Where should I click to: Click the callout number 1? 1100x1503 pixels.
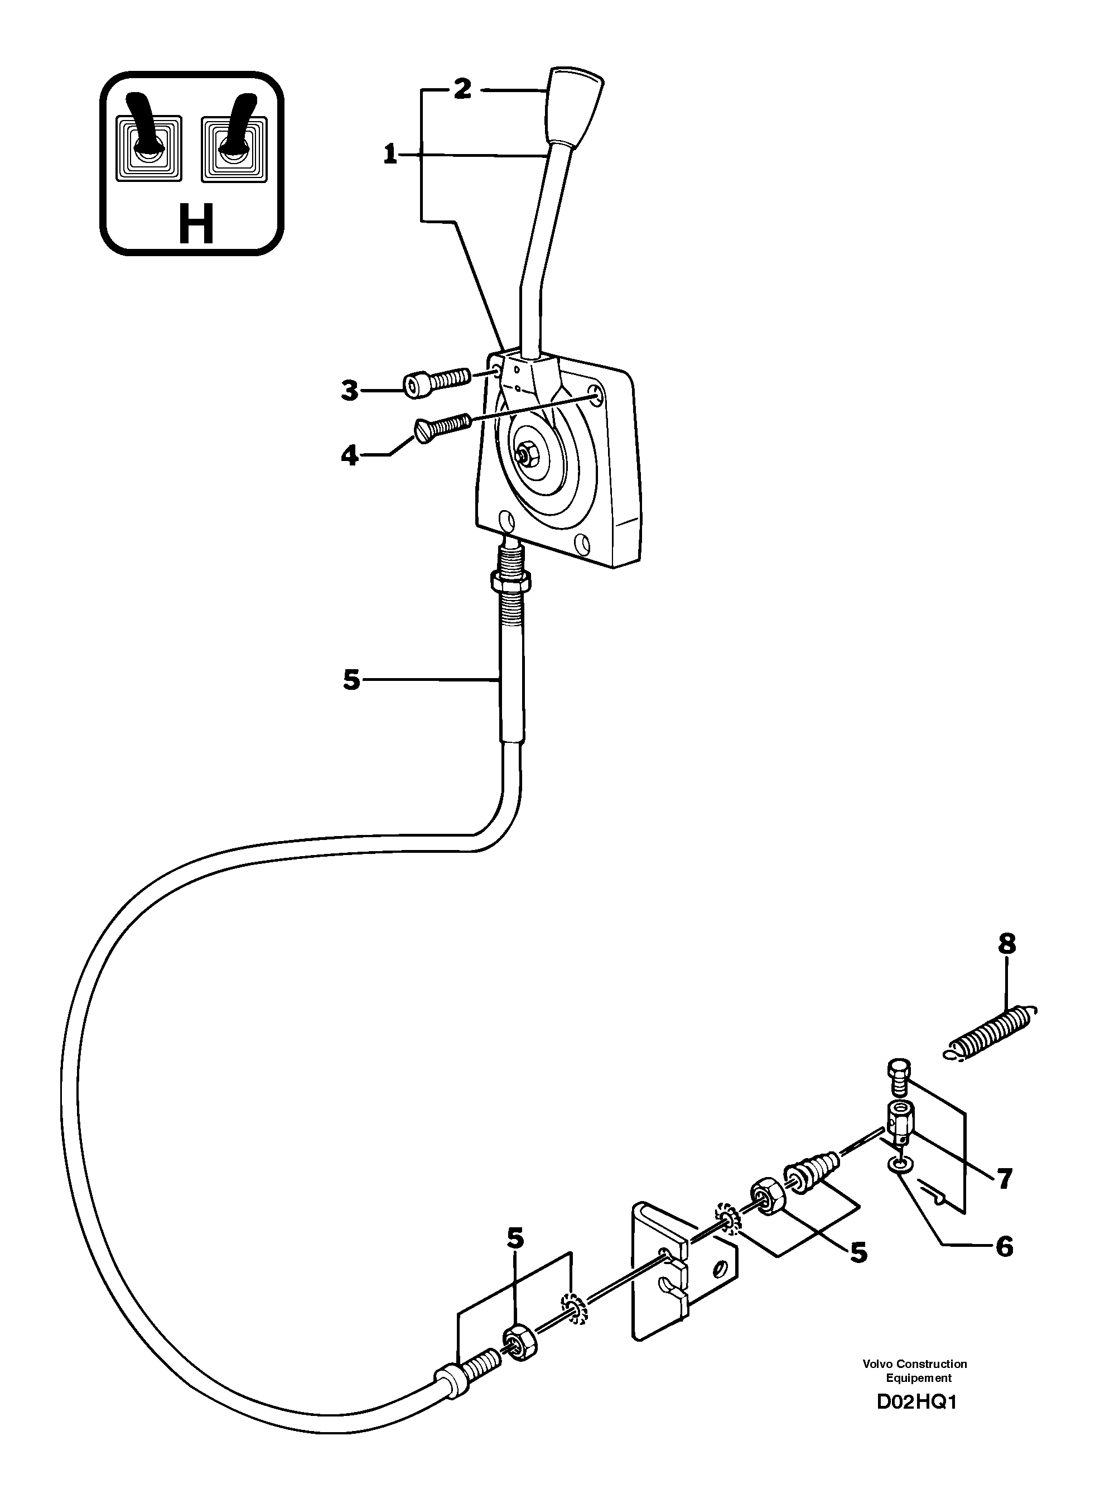tap(391, 155)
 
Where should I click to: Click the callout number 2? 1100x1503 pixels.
tap(462, 89)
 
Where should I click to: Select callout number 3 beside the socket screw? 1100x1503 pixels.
tap(350, 391)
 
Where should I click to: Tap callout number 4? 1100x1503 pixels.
tap(350, 457)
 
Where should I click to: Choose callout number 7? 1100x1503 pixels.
tap(1003, 1179)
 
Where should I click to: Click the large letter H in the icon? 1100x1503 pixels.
tap(196, 225)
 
